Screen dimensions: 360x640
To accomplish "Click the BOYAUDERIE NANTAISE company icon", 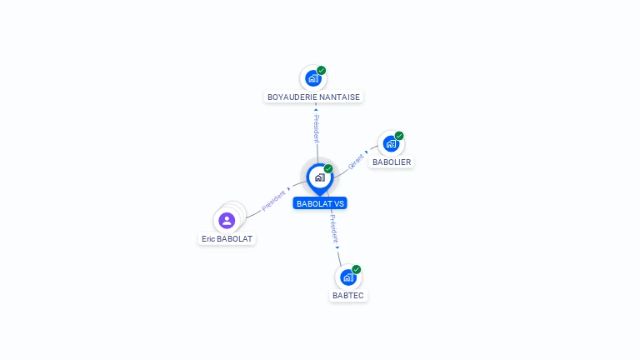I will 312,78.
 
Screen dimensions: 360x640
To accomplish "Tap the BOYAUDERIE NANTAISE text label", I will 313,97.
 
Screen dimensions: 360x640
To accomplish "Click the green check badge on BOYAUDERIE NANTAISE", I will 322,70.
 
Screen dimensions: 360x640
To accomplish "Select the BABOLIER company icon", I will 391,143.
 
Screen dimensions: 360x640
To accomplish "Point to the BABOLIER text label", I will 391,162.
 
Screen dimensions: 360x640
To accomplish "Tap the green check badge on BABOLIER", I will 399,136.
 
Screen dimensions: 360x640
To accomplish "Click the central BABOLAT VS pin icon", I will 319,177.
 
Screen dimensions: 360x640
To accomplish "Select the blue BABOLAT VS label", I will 320,203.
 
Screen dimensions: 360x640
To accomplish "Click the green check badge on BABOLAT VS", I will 328,168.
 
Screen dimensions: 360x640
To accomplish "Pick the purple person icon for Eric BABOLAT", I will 226,221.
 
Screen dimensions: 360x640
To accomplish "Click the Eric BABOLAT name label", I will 227,238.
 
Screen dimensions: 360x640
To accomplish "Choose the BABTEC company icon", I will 347,277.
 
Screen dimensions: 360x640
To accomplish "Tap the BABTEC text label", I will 348,295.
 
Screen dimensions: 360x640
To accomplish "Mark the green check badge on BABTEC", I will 357,269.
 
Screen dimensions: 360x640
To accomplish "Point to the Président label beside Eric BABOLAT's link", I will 273,201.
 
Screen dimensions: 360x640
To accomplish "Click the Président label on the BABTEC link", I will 333,231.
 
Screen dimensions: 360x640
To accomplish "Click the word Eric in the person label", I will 208,238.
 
